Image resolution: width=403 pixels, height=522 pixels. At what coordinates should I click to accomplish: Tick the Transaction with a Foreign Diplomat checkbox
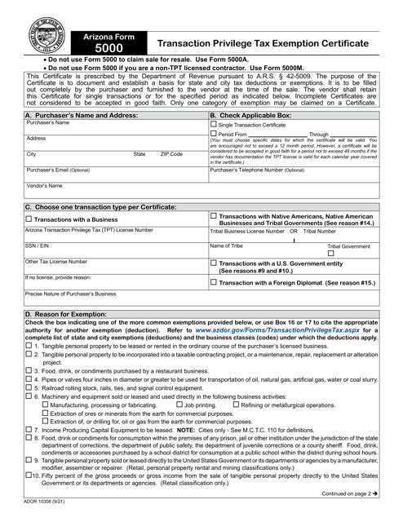215,282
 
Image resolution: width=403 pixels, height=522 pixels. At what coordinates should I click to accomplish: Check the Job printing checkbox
180,405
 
